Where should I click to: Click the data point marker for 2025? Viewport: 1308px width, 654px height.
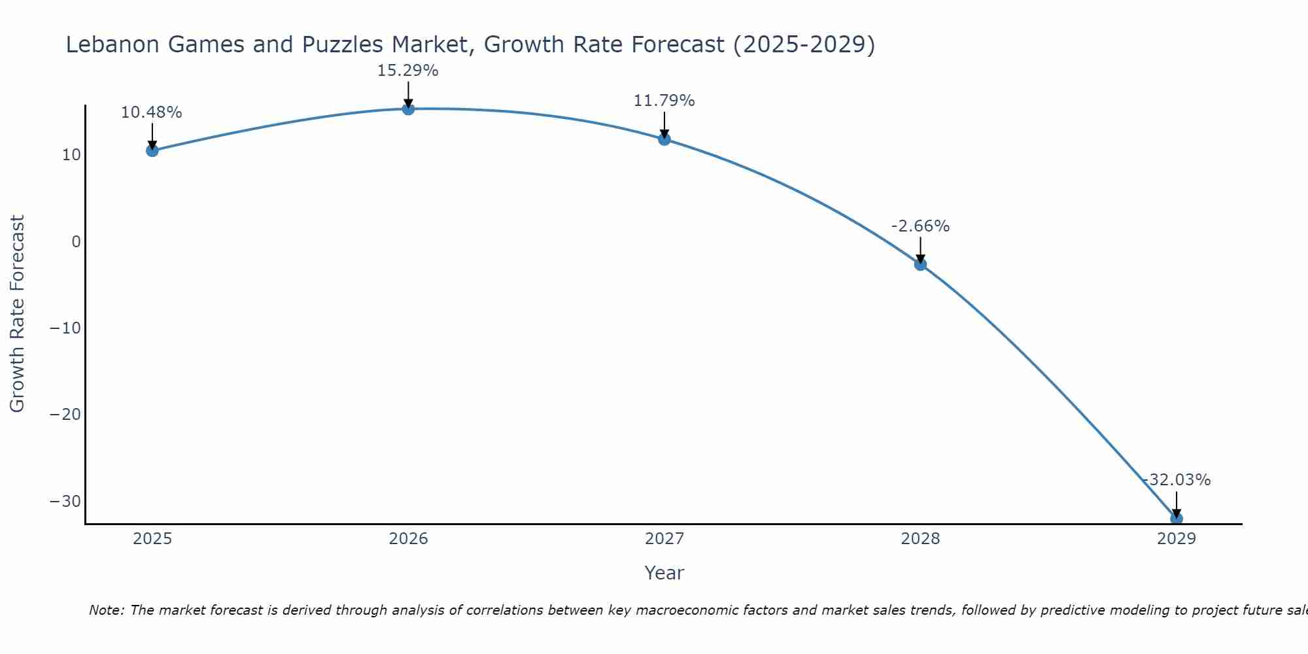pyautogui.click(x=152, y=150)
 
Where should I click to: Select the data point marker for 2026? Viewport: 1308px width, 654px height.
pyautogui.click(x=408, y=109)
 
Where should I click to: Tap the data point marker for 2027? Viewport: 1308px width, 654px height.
pyautogui.click(x=664, y=139)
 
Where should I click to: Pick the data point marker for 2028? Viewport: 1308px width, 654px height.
pyautogui.click(x=920, y=264)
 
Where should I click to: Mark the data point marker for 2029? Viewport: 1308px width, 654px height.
pyautogui.click(x=1176, y=519)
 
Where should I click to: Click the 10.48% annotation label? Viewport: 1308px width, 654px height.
pyautogui.click(x=152, y=112)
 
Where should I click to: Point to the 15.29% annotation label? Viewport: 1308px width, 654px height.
pyautogui.click(x=407, y=71)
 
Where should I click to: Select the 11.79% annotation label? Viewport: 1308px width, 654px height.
pyautogui.click(x=664, y=101)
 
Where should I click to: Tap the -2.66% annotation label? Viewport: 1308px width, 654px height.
pyautogui.click(x=920, y=226)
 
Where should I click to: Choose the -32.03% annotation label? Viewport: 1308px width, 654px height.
pyautogui.click(x=1177, y=480)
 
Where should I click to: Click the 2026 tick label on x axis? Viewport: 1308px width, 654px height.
pyautogui.click(x=408, y=539)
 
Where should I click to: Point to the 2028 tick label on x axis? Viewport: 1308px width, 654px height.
pyautogui.click(x=920, y=539)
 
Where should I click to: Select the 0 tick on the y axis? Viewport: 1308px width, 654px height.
pyautogui.click(x=76, y=241)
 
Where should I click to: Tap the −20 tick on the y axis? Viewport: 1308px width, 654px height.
pyautogui.click(x=65, y=415)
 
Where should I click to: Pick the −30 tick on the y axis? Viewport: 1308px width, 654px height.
pyautogui.click(x=65, y=501)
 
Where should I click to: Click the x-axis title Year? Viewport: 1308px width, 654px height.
pyautogui.click(x=664, y=573)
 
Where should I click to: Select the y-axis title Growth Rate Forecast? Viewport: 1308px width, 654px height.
pyautogui.click(x=17, y=314)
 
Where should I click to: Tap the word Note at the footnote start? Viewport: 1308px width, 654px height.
pyautogui.click(x=105, y=610)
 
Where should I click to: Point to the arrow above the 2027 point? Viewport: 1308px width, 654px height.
pyautogui.click(x=664, y=124)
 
